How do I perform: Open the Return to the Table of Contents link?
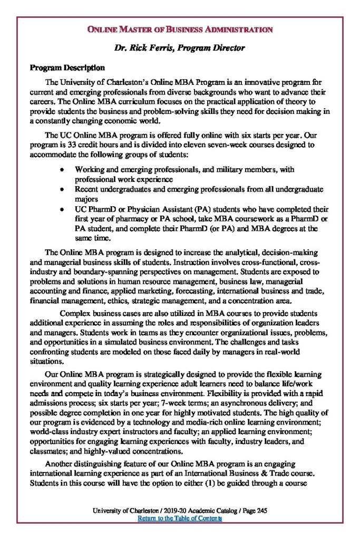tap(179, 518)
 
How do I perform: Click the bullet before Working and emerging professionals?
tap(62, 170)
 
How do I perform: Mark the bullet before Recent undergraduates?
tap(62, 189)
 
